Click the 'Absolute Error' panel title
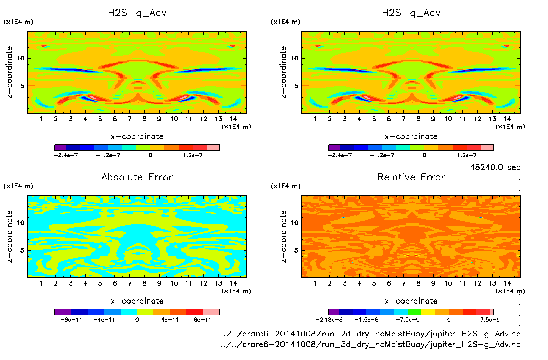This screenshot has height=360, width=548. pos(137,177)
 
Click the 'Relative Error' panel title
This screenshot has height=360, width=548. pos(411,177)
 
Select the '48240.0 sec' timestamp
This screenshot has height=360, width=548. pos(495,167)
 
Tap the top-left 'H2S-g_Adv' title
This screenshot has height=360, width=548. pos(137,13)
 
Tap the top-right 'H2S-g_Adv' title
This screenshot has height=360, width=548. pos(411,13)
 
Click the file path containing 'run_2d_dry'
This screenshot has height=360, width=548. pos(371,334)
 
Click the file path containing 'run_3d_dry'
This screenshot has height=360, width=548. pos(371,344)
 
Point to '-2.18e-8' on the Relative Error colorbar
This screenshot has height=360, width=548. pos(329,320)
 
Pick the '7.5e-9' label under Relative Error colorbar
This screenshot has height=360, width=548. pos(490,320)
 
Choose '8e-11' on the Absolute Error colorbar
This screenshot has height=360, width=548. pos(202,320)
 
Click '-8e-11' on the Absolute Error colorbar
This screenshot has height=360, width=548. pos(71,320)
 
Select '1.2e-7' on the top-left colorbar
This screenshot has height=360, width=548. pos(193,155)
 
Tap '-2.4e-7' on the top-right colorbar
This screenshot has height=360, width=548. pos(340,155)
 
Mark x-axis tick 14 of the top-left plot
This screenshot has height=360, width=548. pos(233,119)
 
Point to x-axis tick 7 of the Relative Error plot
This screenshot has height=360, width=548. pos(403,283)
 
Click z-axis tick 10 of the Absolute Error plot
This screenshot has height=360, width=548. pos(20,223)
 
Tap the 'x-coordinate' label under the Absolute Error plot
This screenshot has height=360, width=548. pos(137,301)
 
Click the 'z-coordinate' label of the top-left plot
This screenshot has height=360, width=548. pos(10,72)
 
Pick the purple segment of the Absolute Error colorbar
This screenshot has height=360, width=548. pos(63,312)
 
